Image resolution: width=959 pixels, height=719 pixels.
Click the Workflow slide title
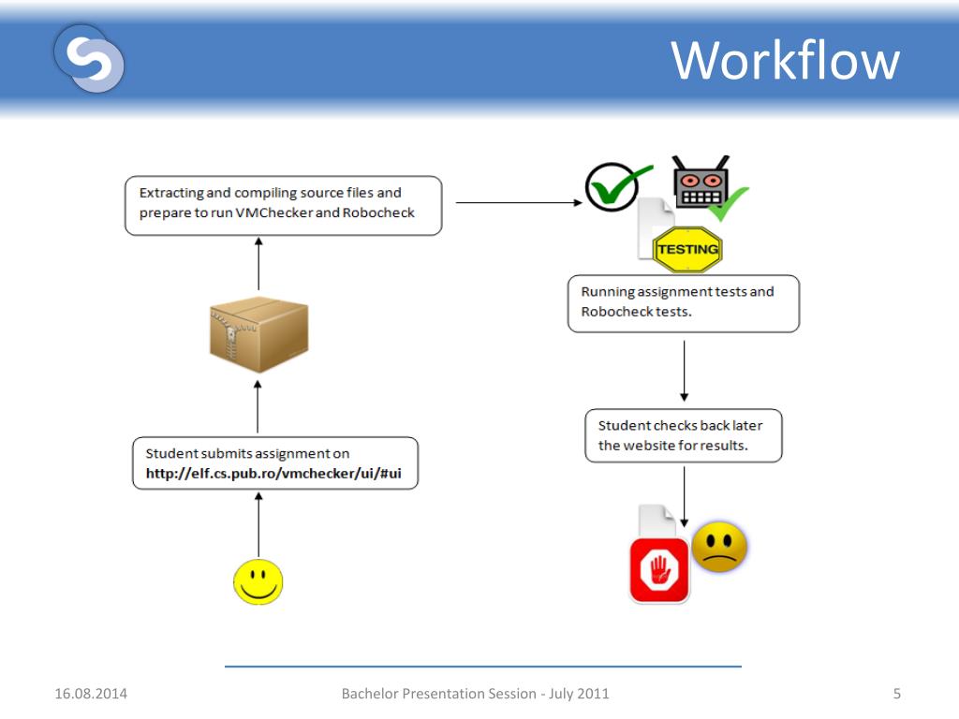click(785, 62)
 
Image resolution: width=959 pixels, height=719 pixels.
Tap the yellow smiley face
click(258, 581)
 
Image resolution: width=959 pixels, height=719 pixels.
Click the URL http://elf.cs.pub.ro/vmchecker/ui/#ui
click(273, 474)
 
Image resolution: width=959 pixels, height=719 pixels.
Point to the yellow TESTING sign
click(688, 249)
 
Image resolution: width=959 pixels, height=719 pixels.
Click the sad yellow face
click(719, 547)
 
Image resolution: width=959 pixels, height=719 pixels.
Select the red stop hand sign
click(659, 569)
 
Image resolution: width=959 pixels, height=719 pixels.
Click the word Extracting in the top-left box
click(171, 193)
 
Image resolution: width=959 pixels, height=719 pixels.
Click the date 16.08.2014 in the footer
click(91, 694)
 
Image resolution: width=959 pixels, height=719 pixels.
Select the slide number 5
click(897, 694)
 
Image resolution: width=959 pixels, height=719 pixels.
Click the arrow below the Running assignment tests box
click(685, 369)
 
